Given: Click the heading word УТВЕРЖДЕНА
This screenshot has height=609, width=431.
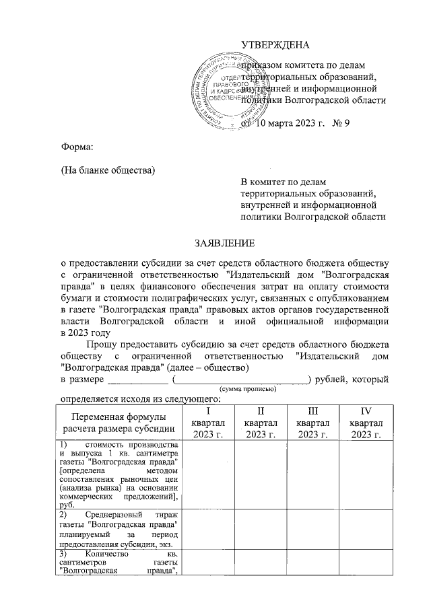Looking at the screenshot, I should [x=276, y=46].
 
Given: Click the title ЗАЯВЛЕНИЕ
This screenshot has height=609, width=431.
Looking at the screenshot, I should [x=224, y=242].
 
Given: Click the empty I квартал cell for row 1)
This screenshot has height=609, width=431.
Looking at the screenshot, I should [x=208, y=474].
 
